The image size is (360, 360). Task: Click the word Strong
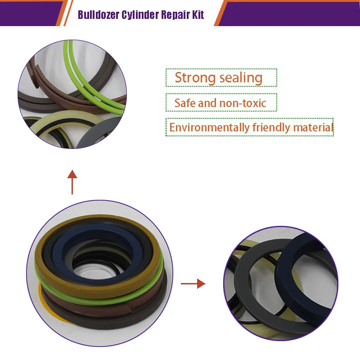195,77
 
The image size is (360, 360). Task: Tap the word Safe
184,103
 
